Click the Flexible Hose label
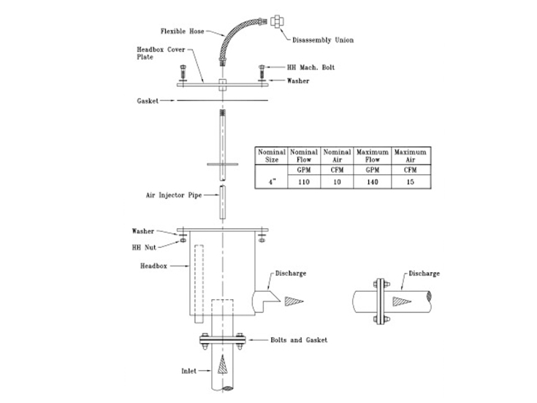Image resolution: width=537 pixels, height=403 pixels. coord(183,31)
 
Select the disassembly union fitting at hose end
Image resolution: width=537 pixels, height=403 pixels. coord(277,20)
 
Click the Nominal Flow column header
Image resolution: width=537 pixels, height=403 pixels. coord(304,154)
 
